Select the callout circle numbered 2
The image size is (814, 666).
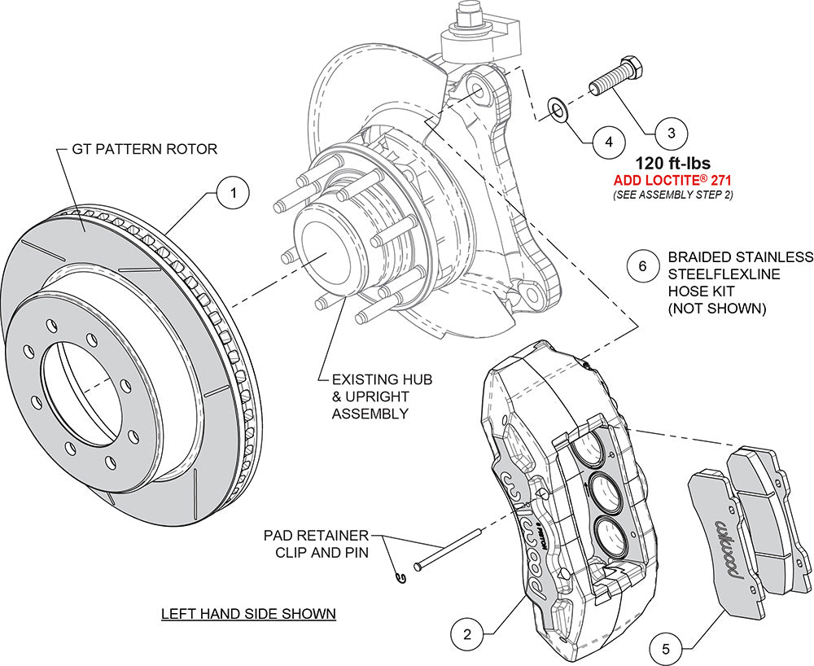[466, 632]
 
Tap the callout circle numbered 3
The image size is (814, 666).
[671, 131]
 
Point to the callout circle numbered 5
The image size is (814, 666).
[665, 649]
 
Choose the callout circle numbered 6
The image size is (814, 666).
[642, 265]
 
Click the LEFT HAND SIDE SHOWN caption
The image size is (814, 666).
[247, 613]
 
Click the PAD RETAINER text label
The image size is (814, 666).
[315, 537]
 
